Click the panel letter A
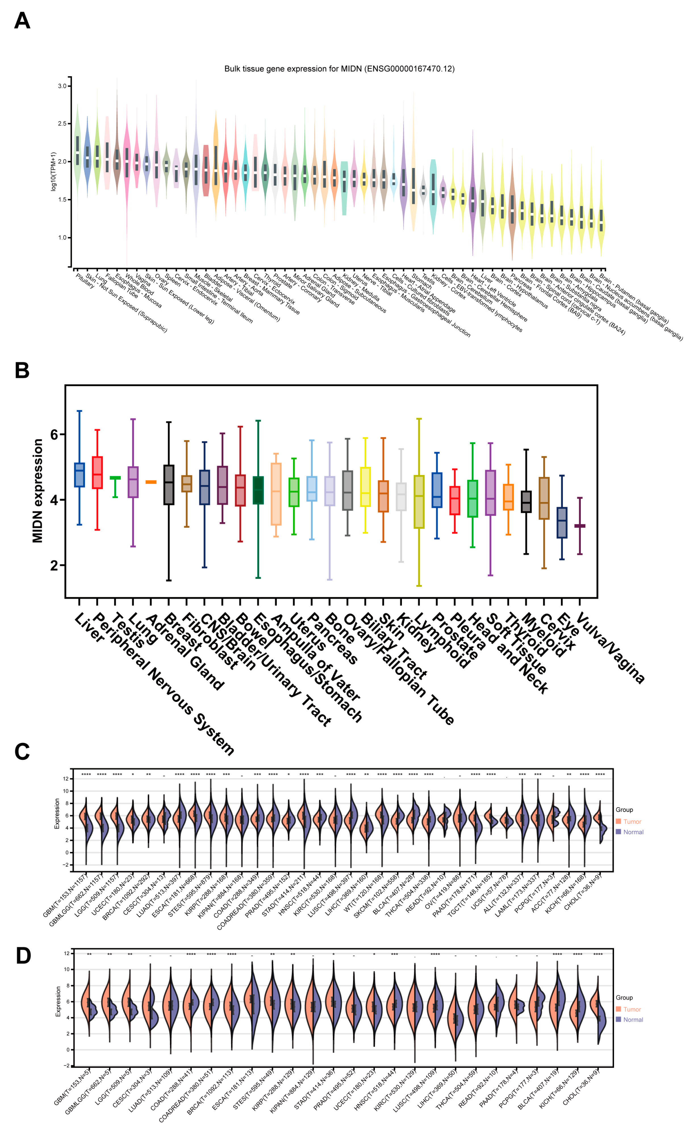[22, 21]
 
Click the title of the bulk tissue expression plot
[339, 69]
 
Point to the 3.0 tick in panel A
[62, 86]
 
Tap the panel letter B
[22, 370]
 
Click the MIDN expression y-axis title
[37, 491]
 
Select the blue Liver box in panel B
[79, 475]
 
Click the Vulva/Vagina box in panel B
[580, 526]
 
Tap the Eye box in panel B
[562, 522]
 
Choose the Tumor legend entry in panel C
[632, 822]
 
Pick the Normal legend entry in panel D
[633, 1019]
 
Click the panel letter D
[23, 956]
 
